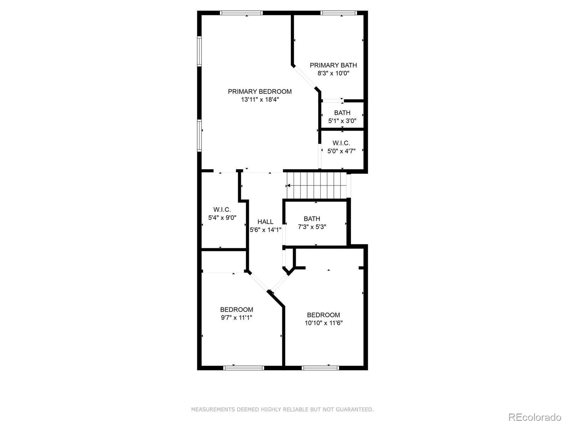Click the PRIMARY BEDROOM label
(x=260, y=92)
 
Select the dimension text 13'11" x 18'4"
(x=260, y=100)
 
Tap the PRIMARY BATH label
(x=333, y=65)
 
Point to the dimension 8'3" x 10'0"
(x=333, y=73)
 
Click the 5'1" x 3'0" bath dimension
(x=342, y=121)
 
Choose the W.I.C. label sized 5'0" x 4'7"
(x=341, y=143)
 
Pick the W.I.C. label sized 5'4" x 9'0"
(x=222, y=210)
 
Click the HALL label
(x=265, y=222)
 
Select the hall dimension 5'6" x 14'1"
(x=265, y=230)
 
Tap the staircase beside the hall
(x=316, y=186)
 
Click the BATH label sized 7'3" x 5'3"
(x=312, y=219)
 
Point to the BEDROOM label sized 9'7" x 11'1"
(x=237, y=310)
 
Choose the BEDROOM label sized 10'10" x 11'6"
(x=323, y=315)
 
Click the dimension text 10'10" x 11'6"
(x=323, y=323)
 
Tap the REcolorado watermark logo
(x=535, y=417)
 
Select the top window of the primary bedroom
(x=241, y=13)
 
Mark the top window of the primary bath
(x=339, y=13)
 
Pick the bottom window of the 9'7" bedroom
(x=244, y=368)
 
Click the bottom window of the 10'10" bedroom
(x=320, y=368)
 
